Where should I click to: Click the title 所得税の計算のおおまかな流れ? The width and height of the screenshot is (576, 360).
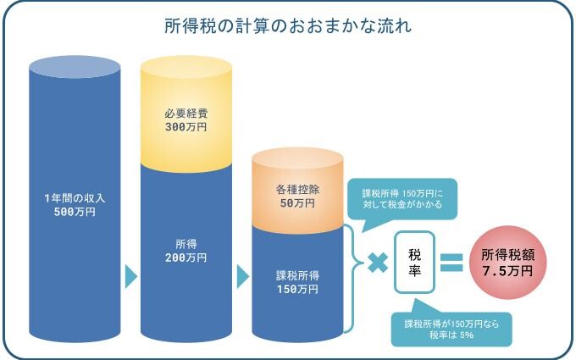pyautogui.click(x=288, y=26)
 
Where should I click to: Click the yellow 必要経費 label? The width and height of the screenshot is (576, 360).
pyautogui.click(x=186, y=113)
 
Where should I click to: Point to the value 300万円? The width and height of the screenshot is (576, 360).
pyautogui.click(x=186, y=126)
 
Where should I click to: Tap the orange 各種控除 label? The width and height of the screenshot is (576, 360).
pyautogui.click(x=297, y=190)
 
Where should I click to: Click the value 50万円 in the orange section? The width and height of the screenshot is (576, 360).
pyautogui.click(x=297, y=203)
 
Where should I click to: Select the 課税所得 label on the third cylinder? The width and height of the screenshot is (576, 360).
pyautogui.click(x=297, y=275)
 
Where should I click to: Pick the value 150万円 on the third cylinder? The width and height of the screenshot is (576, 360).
pyautogui.click(x=297, y=289)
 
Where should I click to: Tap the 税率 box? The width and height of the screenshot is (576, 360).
pyautogui.click(x=415, y=263)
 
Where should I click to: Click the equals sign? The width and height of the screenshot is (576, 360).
pyautogui.click(x=451, y=263)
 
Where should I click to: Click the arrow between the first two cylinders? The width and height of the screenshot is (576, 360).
pyautogui.click(x=130, y=276)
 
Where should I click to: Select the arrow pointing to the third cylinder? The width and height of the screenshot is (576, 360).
pyautogui.click(x=242, y=276)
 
